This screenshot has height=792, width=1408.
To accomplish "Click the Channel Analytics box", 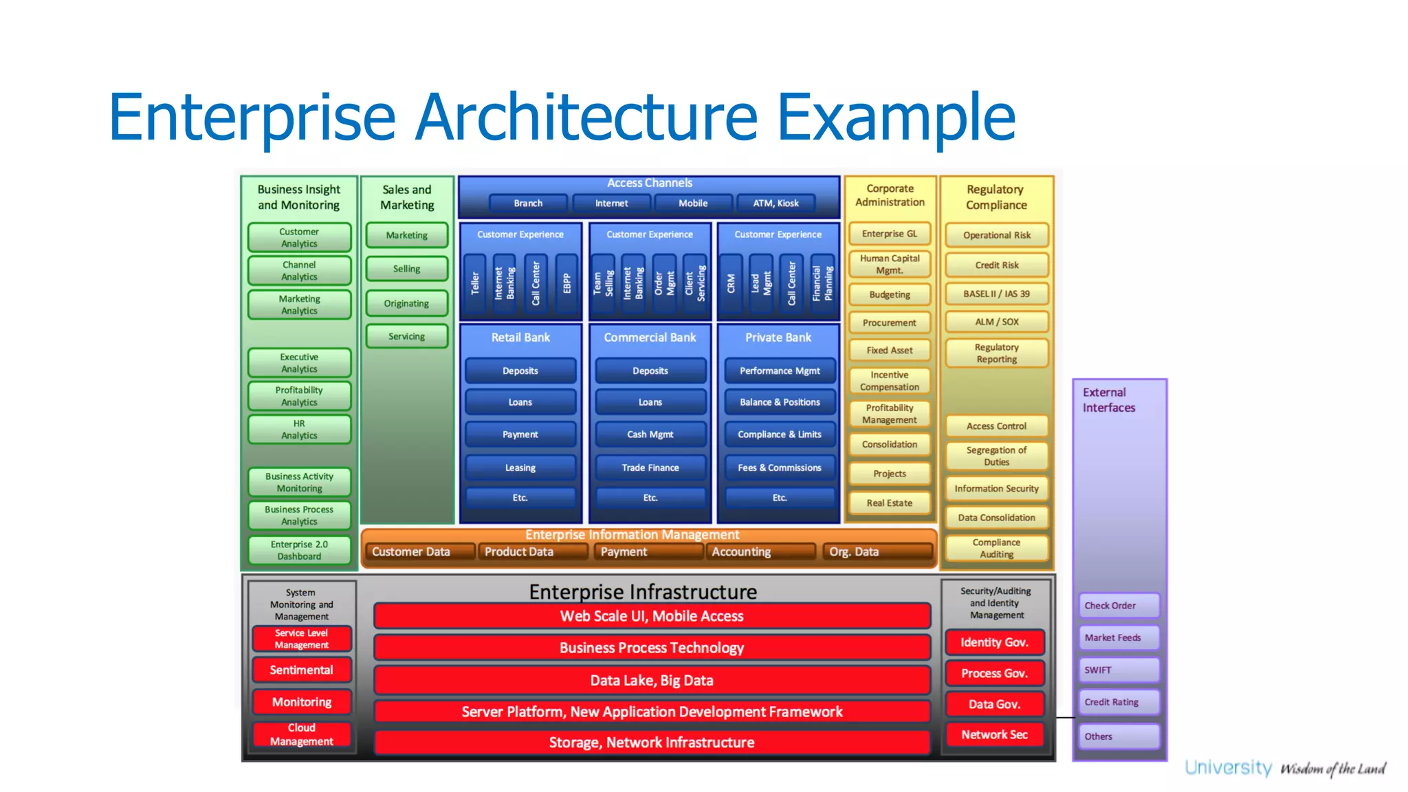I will (x=299, y=271).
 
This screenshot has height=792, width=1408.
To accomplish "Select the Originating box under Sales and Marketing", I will (x=406, y=303).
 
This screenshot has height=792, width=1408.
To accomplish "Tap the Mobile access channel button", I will (x=692, y=203).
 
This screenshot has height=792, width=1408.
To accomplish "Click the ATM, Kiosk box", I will (x=775, y=203).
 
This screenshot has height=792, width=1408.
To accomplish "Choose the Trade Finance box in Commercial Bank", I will (x=650, y=467).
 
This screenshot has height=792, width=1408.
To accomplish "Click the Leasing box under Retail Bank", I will (x=520, y=467).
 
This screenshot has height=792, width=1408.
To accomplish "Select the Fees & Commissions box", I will (x=779, y=467).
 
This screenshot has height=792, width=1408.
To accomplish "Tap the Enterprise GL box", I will (x=889, y=234).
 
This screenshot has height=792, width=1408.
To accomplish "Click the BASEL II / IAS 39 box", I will (x=996, y=294).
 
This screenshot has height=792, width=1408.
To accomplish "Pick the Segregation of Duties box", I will (x=996, y=456).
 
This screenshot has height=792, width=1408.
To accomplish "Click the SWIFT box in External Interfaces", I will (x=1119, y=670).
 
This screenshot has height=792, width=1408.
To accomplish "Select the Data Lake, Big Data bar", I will (x=651, y=681).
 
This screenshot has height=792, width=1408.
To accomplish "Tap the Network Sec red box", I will (x=994, y=735).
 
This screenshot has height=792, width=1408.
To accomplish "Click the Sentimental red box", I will (x=301, y=670).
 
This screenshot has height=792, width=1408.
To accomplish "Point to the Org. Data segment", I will (x=876, y=552).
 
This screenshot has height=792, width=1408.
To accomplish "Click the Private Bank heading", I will (x=778, y=338).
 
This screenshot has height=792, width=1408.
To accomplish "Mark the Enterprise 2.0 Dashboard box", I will (x=299, y=550).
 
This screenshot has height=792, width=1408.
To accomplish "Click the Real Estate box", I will (x=889, y=503).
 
